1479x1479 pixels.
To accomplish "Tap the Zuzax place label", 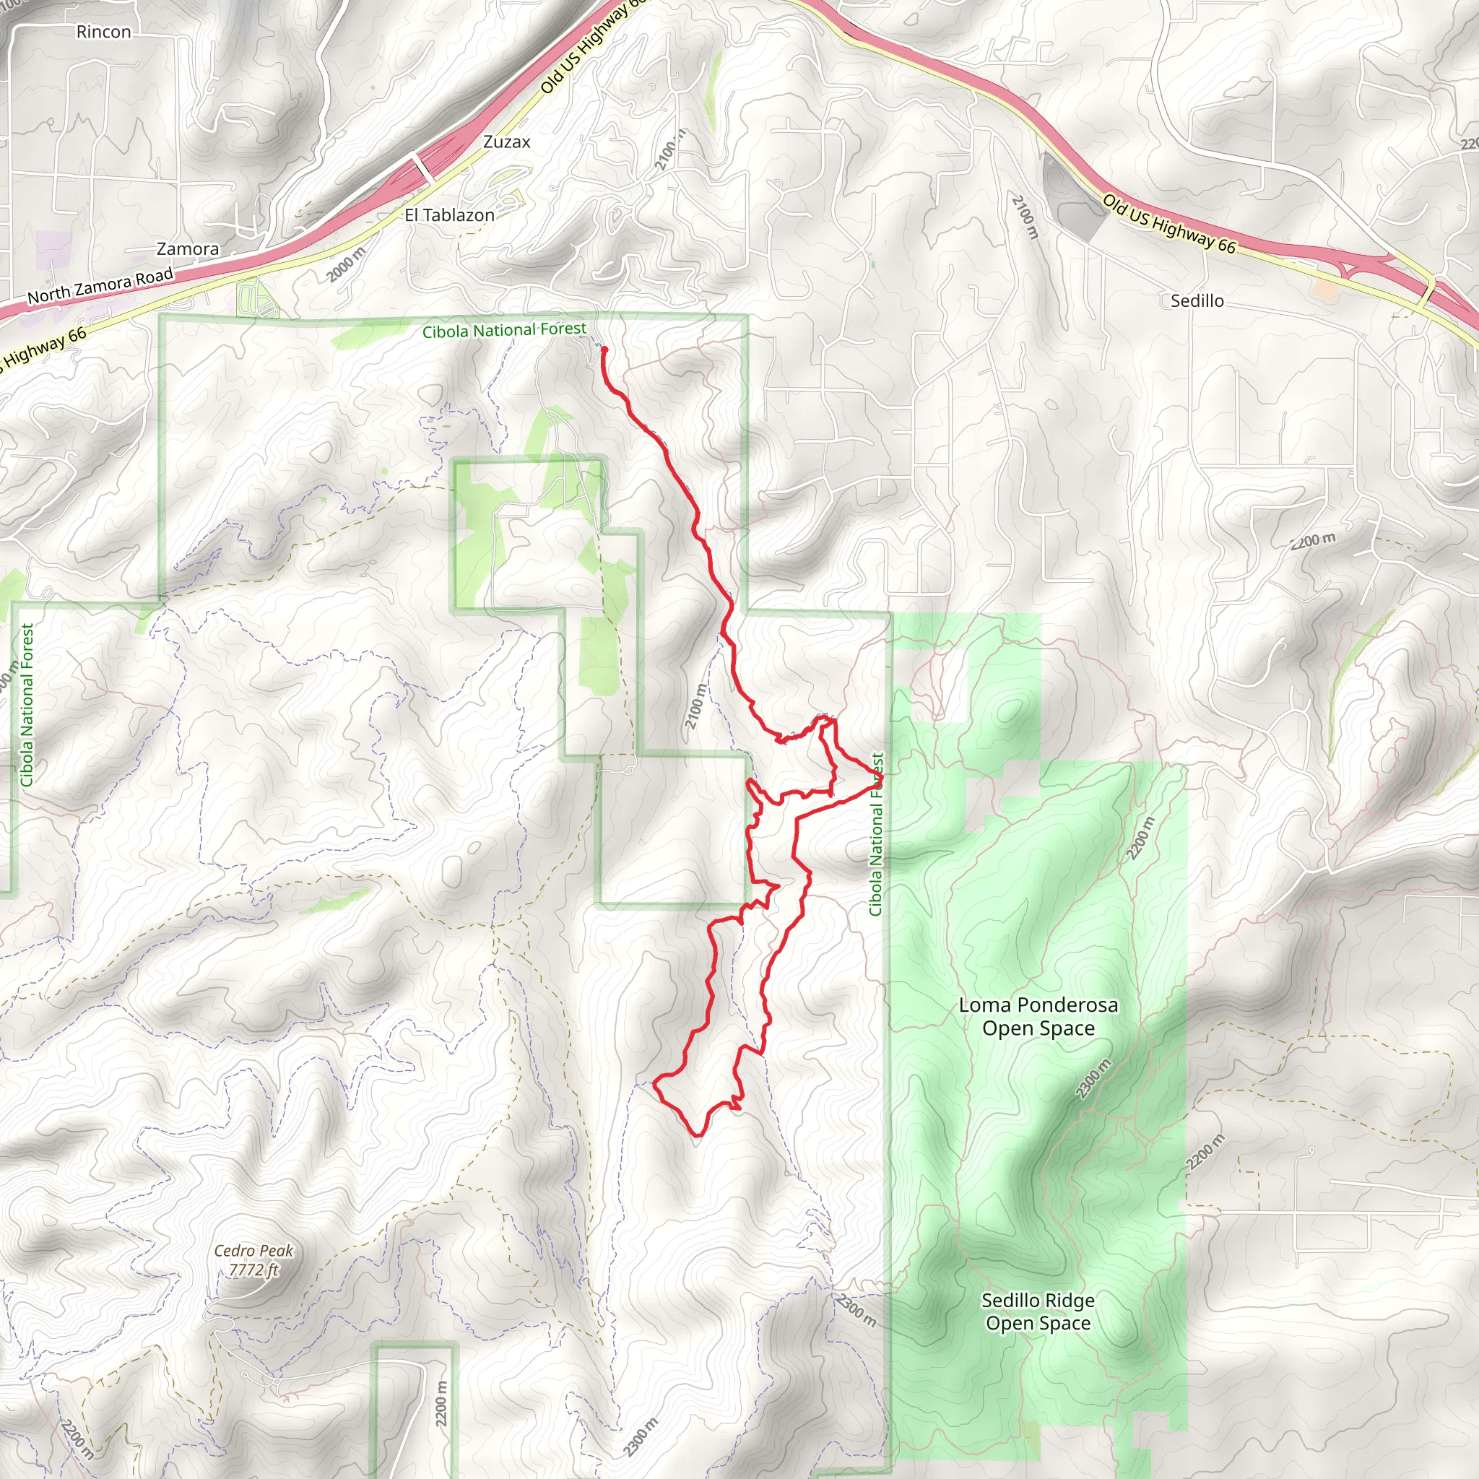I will point(507,142).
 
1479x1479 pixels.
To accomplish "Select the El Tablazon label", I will point(449,215).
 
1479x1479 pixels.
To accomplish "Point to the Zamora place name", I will point(188,249).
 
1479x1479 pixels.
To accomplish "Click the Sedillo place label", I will point(1197,301).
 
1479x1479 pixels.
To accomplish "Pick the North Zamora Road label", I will point(100,285).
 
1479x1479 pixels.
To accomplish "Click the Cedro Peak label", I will point(253,1250).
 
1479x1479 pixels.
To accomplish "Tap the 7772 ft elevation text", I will point(253,1270).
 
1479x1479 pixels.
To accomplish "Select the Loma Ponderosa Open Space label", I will point(1038,1016).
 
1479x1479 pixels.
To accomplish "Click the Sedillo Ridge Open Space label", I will point(1038,1311).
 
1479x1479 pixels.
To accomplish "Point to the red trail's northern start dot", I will point(604,350).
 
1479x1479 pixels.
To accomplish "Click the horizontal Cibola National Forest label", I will point(505,330).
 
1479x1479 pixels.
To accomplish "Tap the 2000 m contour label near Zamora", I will point(346,264).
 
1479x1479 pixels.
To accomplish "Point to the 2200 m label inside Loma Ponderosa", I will point(1140,838).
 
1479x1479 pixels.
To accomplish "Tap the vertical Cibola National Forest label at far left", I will point(27,704).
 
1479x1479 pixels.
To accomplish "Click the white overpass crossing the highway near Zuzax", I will point(422,166).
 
